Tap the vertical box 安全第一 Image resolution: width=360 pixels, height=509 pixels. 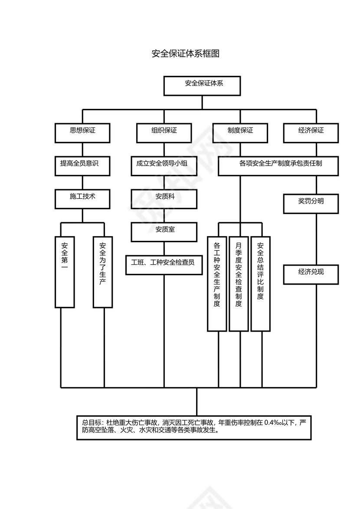[x=65, y=272]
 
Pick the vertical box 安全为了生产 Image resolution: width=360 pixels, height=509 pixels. [x=103, y=272]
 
